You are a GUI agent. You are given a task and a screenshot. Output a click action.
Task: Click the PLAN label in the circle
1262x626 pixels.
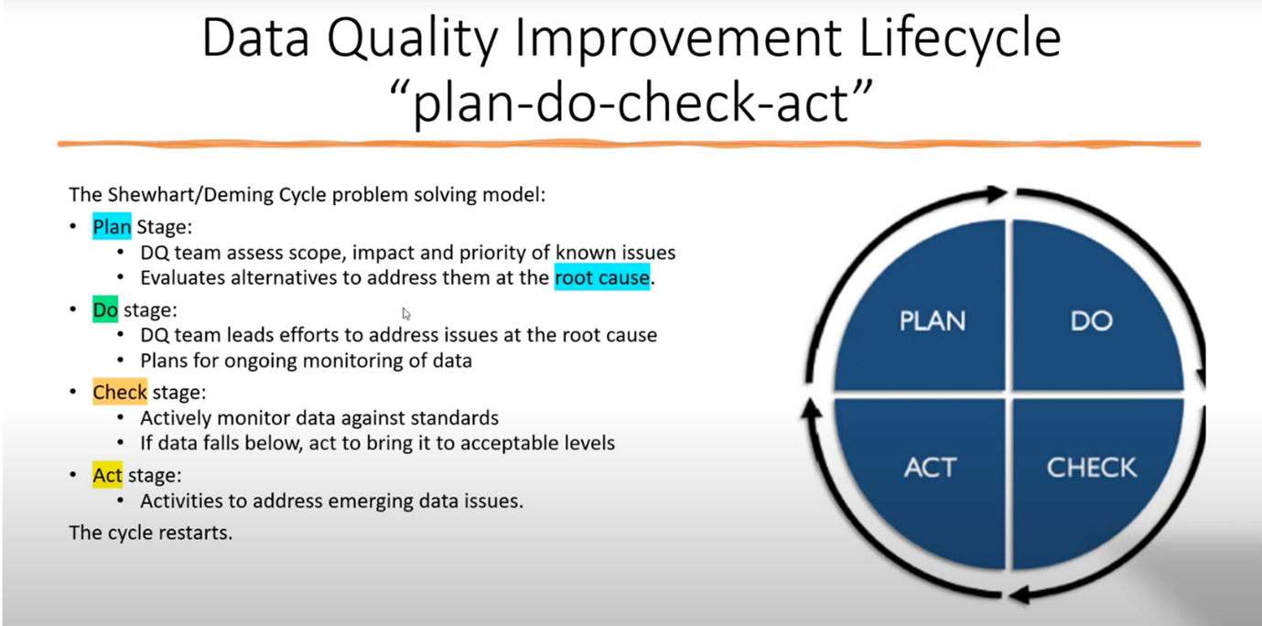(x=933, y=320)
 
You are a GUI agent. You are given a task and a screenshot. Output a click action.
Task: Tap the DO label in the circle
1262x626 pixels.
(x=1091, y=320)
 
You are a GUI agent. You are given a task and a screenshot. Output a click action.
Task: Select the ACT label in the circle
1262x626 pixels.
(x=930, y=468)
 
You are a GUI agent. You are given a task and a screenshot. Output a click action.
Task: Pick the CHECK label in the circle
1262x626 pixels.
(x=1091, y=468)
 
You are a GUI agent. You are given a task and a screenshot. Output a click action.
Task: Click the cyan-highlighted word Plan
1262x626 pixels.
(x=112, y=226)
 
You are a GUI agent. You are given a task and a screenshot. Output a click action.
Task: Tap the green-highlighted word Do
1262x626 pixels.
(x=105, y=309)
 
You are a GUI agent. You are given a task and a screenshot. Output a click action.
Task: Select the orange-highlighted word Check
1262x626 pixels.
(x=120, y=393)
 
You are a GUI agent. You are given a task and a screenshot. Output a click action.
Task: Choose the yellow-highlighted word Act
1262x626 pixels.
(x=107, y=475)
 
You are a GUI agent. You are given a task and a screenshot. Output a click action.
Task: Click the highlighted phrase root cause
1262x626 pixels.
(x=601, y=277)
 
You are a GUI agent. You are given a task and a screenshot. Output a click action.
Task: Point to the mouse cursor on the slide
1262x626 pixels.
(x=406, y=313)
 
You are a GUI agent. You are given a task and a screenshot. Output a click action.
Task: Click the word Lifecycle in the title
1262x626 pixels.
(x=960, y=38)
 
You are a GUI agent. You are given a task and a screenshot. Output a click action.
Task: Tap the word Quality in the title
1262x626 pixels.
(x=412, y=39)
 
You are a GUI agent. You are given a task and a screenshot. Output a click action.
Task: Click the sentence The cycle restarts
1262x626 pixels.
(x=151, y=533)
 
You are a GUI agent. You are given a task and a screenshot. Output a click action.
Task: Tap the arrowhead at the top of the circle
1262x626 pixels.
(x=998, y=193)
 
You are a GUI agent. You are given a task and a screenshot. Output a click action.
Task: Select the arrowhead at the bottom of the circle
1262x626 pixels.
(x=1019, y=595)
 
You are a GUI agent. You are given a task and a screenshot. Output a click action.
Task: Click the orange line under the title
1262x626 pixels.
(x=630, y=145)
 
